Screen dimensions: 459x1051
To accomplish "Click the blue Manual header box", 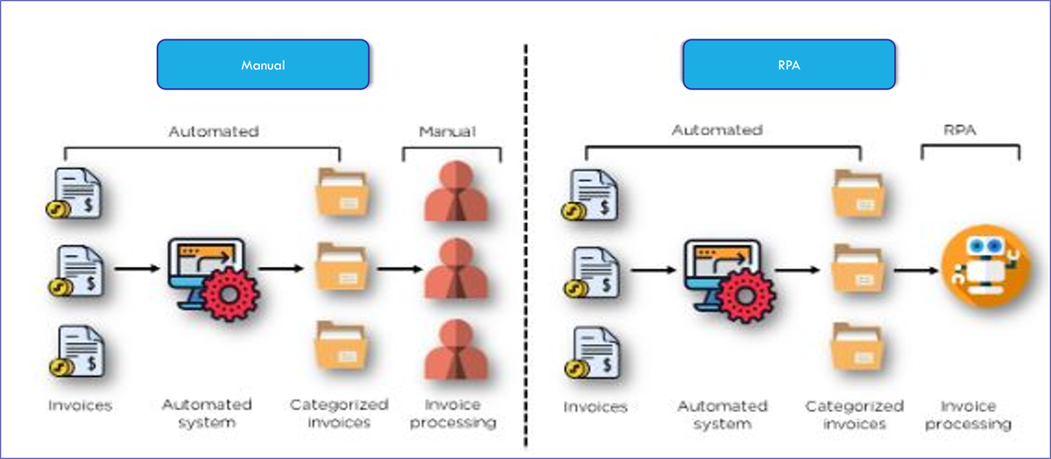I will pos(263,64).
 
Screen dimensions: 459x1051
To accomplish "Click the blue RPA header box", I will pos(788,64).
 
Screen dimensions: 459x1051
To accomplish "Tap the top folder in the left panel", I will pos(342,193).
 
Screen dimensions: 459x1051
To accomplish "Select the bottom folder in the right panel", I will pos(857,349).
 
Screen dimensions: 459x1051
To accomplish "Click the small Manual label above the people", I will pos(447,132).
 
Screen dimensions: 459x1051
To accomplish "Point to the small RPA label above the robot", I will pos(962,130).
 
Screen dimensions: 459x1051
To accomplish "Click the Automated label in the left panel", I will pos(213,132).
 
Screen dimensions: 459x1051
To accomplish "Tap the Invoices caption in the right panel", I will pos(596,407).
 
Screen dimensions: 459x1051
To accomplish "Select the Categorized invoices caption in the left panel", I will pos(339,413).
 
